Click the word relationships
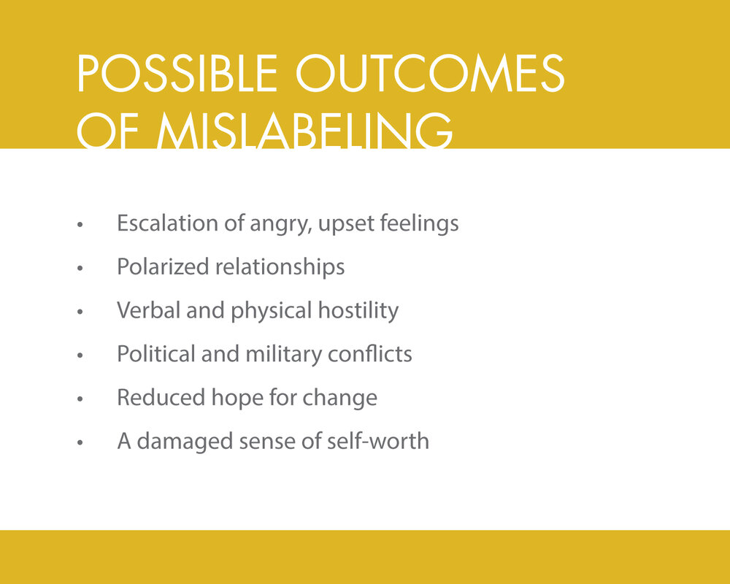280,266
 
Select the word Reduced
150,398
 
